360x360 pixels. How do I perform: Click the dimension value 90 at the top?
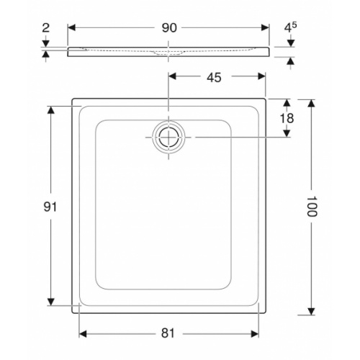tap(168, 28)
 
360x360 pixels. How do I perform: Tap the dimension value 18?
tap(287, 118)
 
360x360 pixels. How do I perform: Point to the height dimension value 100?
tap(311, 207)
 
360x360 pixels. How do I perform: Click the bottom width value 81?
tap(168, 333)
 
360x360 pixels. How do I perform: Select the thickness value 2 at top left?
tap(46, 29)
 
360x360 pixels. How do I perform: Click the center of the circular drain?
tap(168, 136)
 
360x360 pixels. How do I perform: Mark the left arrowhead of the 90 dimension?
tap(72, 28)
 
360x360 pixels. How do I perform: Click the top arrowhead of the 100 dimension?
tap(311, 104)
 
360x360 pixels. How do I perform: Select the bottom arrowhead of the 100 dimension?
tap(311, 310)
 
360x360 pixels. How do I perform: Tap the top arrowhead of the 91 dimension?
tap(50, 110)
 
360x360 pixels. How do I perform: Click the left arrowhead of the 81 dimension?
tap(82, 333)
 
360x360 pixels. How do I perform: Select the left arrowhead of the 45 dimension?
tap(173, 76)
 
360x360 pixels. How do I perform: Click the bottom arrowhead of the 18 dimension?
tap(287, 133)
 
